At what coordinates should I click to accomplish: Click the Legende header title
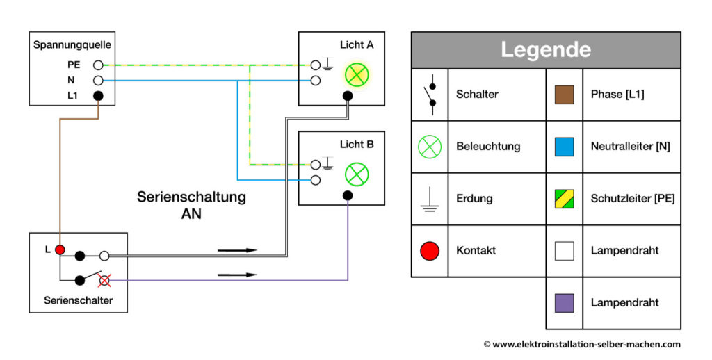coord(545,50)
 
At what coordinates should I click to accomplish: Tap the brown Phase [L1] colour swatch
coord(564,95)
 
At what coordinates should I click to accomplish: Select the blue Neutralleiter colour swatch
coord(564,147)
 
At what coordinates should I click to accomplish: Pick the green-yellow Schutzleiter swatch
coord(564,199)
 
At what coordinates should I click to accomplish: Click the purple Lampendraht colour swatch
coord(564,303)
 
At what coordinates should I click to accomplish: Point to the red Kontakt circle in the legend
coord(430,251)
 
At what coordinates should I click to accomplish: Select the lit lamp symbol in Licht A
coord(357,74)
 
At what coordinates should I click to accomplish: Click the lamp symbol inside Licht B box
coord(357,174)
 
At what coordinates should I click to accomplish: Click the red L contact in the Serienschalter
coord(60,249)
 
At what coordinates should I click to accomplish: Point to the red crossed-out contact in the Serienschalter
coord(104,280)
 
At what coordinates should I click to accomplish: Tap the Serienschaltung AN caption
coord(191,205)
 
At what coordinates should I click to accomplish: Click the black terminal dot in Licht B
coord(348,195)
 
